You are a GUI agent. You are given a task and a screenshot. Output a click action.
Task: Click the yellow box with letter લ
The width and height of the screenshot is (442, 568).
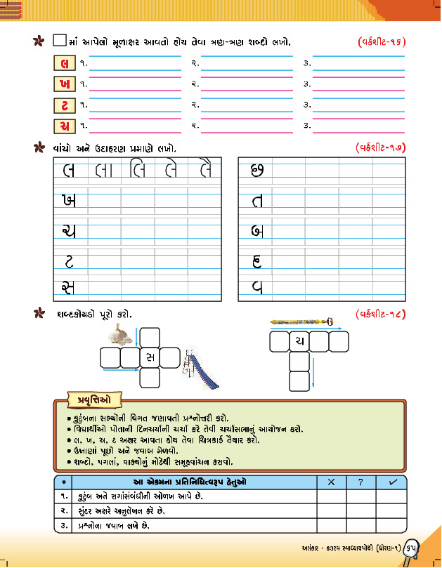coord(65,64)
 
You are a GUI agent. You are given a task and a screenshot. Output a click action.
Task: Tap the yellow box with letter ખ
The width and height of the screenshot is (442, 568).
coord(65,84)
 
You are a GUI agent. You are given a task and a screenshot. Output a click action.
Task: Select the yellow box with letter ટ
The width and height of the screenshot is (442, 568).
coord(65,105)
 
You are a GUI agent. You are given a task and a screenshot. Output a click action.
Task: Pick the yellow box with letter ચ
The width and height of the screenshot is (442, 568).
coord(65,126)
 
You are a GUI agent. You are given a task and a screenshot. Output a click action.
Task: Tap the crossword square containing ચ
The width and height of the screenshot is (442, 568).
coord(299,341)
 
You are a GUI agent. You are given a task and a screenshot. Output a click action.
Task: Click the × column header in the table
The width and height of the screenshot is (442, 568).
coord(331,482)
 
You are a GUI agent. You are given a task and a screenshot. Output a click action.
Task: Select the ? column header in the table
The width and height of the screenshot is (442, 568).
coord(360,482)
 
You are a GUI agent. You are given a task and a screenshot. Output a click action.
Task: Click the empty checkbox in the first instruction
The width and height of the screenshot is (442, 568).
coord(60,41)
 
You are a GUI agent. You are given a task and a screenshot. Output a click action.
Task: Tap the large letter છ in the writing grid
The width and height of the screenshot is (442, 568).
coord(257,171)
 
